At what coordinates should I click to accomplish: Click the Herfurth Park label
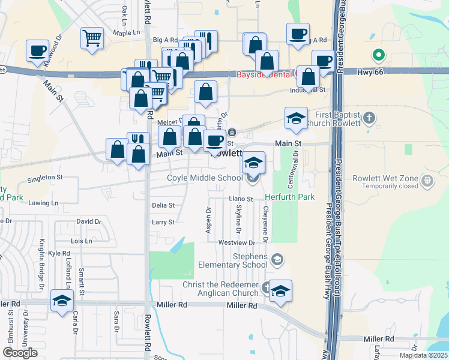pyautogui.click(x=291, y=197)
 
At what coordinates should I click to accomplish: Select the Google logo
pyautogui.click(x=20, y=353)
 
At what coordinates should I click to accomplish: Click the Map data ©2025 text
pyautogui.click(x=423, y=355)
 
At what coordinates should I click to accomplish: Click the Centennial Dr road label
pyautogui.click(x=295, y=161)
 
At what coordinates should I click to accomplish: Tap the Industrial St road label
pyautogui.click(x=307, y=90)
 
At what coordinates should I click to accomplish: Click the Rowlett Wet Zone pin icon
pyautogui.click(x=427, y=180)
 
